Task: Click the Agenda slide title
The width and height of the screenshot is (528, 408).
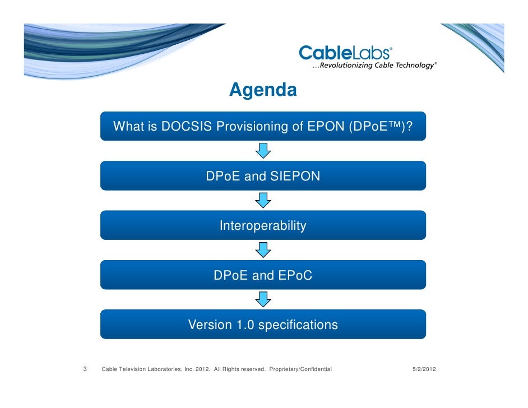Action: [262, 90]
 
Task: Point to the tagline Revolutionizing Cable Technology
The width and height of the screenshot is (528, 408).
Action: [373, 66]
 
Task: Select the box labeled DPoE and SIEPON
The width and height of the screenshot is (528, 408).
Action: [263, 176]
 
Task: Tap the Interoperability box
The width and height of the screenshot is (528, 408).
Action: [263, 225]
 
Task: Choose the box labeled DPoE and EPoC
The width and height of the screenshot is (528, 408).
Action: [263, 275]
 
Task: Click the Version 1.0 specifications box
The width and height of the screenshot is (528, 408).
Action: [263, 324]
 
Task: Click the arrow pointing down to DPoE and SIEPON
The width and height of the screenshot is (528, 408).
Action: [263, 150]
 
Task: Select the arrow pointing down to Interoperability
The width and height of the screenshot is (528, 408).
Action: [263, 200]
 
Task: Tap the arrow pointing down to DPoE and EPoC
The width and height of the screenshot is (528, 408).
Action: [263, 249]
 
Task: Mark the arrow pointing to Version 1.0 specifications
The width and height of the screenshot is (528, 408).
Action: [263, 299]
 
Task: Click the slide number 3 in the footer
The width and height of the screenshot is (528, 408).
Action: [85, 369]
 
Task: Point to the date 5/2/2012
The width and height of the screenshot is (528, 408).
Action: [420, 369]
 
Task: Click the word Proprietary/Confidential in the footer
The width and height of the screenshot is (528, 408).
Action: [300, 369]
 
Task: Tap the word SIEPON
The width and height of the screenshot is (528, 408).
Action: [295, 176]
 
